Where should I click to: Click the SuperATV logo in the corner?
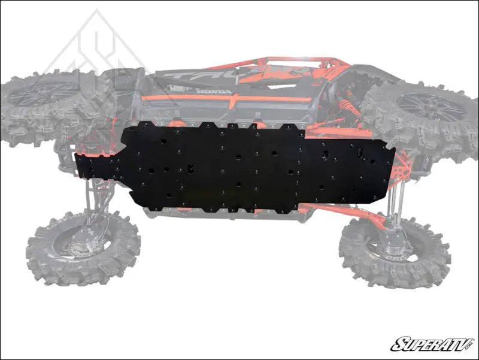(432, 344)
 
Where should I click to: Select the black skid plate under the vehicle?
(239, 165)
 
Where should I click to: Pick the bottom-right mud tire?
(395, 252)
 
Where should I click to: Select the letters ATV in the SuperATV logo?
(449, 344)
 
